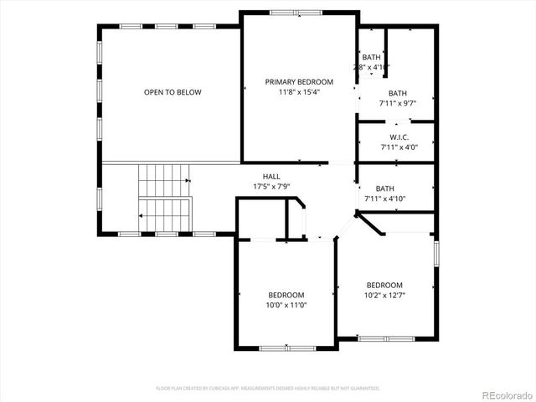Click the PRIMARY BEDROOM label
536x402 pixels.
299,81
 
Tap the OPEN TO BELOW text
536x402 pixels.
172,92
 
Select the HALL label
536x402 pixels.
271,176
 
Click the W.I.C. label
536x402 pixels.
398,137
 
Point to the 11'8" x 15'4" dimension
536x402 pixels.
299,91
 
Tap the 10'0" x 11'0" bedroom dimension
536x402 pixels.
286,305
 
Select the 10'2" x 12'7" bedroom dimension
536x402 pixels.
384,295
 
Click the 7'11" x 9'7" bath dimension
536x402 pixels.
398,103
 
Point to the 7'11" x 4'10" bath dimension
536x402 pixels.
385,198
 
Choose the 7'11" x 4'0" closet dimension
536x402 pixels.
398,147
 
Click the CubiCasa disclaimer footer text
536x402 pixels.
268,389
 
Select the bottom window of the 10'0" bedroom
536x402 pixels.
287,347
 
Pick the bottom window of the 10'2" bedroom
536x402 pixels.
385,338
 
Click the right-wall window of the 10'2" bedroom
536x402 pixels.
436,253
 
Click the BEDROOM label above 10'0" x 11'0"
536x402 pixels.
286,295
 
